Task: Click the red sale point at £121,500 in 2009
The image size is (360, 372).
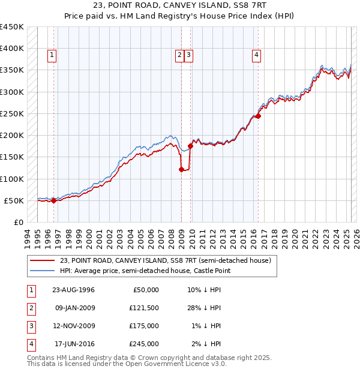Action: (x=181, y=169)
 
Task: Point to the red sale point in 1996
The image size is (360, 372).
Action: (x=53, y=200)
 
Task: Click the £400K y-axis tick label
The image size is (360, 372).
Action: (x=12, y=49)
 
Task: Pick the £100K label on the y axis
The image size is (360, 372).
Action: (x=12, y=179)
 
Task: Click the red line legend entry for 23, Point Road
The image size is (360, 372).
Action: (x=166, y=260)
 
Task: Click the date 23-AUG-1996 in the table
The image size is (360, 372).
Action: (x=73, y=290)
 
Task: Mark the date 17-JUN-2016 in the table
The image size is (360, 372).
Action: (x=73, y=344)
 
